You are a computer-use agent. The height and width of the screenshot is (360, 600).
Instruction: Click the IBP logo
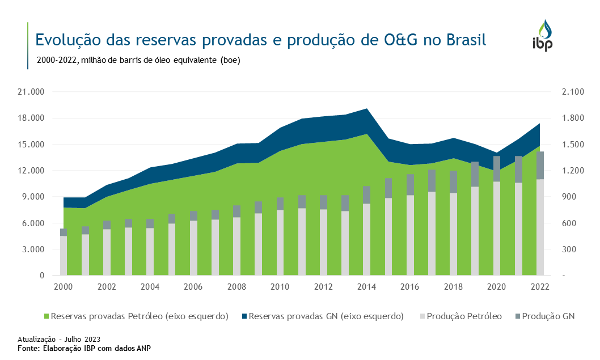542,35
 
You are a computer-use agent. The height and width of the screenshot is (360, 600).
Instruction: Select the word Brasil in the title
466,40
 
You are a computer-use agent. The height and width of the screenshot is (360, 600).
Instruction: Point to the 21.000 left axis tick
33,92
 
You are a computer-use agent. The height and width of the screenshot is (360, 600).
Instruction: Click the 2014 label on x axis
366,287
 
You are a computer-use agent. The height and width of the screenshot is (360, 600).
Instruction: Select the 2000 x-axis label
63,287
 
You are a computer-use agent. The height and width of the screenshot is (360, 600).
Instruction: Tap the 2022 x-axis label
539,287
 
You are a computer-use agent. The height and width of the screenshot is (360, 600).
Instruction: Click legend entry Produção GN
548,316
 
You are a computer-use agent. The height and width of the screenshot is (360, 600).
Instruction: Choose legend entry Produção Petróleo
464,316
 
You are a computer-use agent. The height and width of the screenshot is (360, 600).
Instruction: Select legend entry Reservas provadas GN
326,316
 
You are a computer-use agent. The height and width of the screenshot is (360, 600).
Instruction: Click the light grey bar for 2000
64,256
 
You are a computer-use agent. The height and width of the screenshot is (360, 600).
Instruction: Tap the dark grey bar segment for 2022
540,166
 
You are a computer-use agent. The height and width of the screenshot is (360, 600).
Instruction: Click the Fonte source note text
84,348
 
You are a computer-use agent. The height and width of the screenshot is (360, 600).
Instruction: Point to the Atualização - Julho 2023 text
59,339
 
